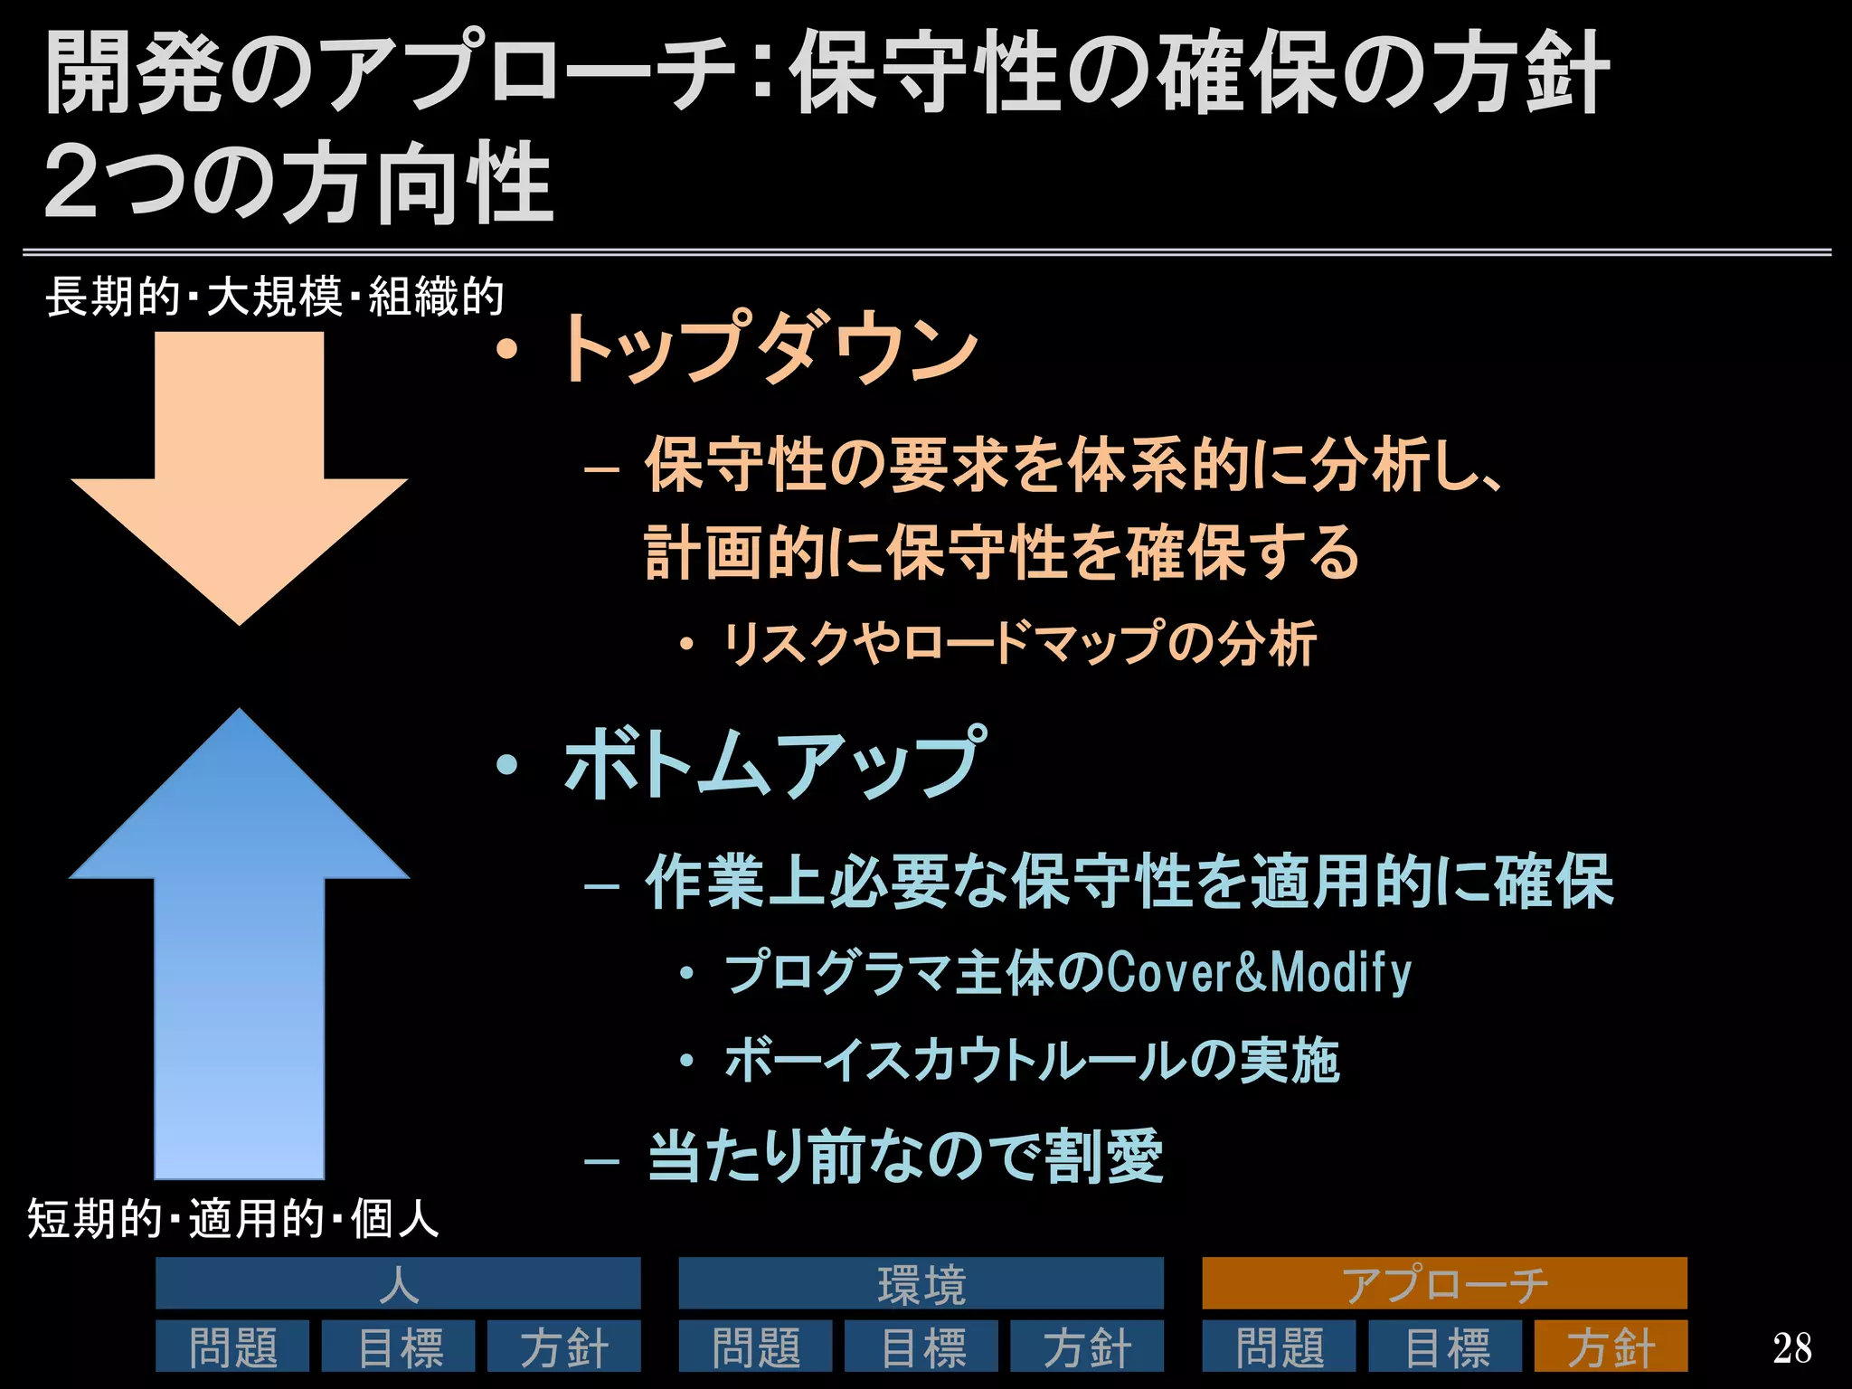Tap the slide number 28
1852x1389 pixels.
coord(1791,1348)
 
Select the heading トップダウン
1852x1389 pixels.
coord(769,348)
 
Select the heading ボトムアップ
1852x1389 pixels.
coord(773,764)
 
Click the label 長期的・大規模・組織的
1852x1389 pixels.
coord(274,297)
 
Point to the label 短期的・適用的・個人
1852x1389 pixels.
coord(232,1218)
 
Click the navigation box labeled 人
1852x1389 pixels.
coord(398,1283)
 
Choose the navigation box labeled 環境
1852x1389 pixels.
coord(921,1283)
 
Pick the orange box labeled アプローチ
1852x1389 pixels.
coord(1444,1283)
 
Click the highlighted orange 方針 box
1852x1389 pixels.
coord(1611,1346)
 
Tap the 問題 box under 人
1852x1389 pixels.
coord(232,1346)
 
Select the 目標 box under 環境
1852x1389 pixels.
coord(921,1346)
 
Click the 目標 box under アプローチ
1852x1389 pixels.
coord(1445,1346)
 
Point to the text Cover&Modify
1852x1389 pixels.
coord(1258,973)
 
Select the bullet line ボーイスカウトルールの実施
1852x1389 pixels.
coord(1031,1061)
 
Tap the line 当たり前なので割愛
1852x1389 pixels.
coord(904,1157)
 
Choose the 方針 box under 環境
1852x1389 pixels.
coord(1087,1346)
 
